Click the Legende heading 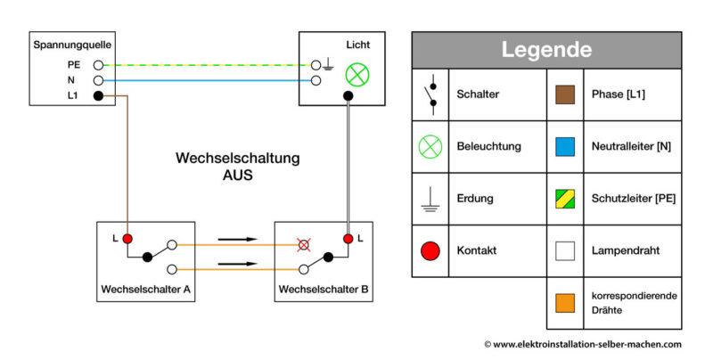[x=546, y=50]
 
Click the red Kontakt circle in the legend [x=430, y=251]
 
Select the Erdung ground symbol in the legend [x=430, y=199]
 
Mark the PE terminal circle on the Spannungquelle [x=97, y=65]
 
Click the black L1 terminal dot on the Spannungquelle [x=97, y=94]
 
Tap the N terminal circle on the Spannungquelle [x=97, y=79]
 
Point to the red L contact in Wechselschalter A [x=127, y=239]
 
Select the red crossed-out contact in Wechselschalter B [x=305, y=244]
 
